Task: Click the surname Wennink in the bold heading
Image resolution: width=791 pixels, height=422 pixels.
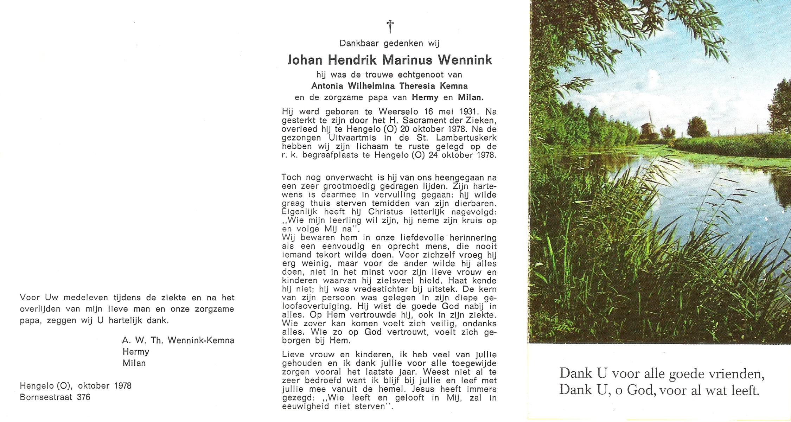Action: point(465,60)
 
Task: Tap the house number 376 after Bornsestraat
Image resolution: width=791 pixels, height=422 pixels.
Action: point(83,397)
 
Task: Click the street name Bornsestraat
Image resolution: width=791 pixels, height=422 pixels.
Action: point(46,397)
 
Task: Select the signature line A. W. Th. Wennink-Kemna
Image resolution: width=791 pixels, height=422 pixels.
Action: point(178,340)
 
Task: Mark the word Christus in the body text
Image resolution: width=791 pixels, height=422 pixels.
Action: point(385,212)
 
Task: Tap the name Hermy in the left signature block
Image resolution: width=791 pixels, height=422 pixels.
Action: point(136,352)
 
